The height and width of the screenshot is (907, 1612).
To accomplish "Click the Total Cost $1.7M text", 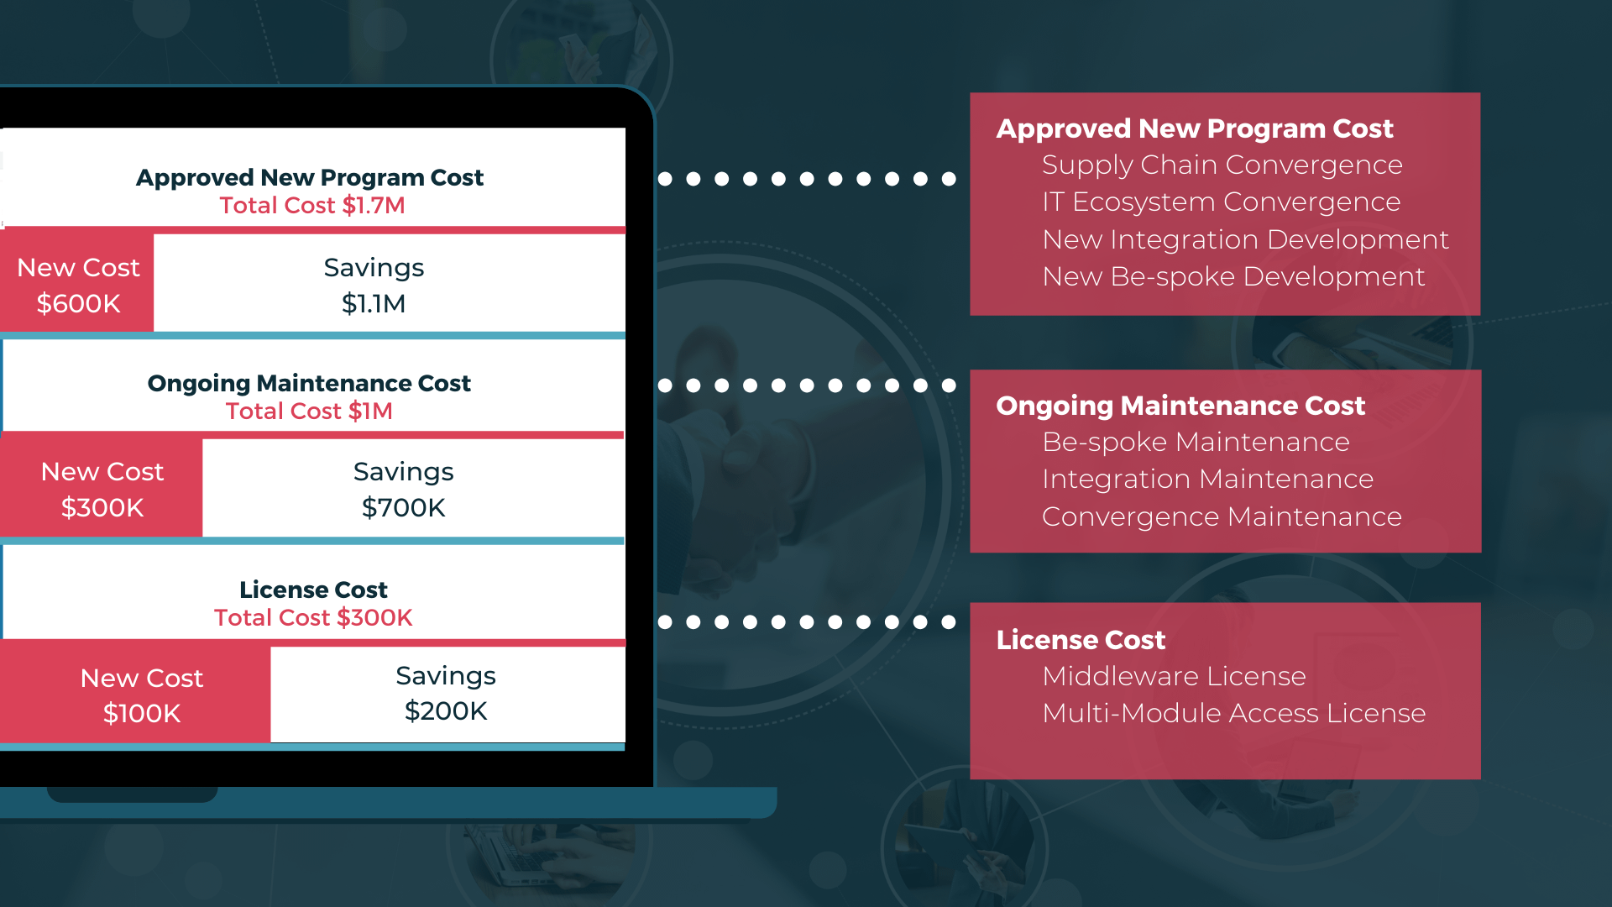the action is (312, 206).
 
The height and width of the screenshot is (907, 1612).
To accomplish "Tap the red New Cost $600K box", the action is (77, 283).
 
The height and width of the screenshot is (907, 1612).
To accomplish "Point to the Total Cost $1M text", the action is (309, 412).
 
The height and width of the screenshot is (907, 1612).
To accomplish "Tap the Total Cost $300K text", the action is (313, 618).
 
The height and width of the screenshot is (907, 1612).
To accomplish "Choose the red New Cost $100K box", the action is (135, 695).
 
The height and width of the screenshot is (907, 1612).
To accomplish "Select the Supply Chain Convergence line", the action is (1222, 165).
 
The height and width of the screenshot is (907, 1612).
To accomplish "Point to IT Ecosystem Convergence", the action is (1222, 202).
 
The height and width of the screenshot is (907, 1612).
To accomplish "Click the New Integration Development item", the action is (1246, 240).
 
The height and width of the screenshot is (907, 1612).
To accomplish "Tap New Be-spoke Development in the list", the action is (1234, 277).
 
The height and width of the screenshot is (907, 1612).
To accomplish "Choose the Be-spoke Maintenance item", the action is (1196, 443).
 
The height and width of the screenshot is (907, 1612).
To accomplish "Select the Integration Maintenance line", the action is (1208, 480).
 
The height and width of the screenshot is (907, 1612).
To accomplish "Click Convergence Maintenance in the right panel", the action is (1222, 517).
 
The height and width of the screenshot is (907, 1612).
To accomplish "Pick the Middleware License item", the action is (1175, 677).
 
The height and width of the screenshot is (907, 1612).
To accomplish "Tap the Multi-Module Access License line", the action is (1234, 714).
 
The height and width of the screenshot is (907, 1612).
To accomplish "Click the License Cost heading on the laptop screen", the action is (313, 590).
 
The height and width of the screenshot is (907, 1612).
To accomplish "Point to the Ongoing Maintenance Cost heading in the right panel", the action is (1180, 406).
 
